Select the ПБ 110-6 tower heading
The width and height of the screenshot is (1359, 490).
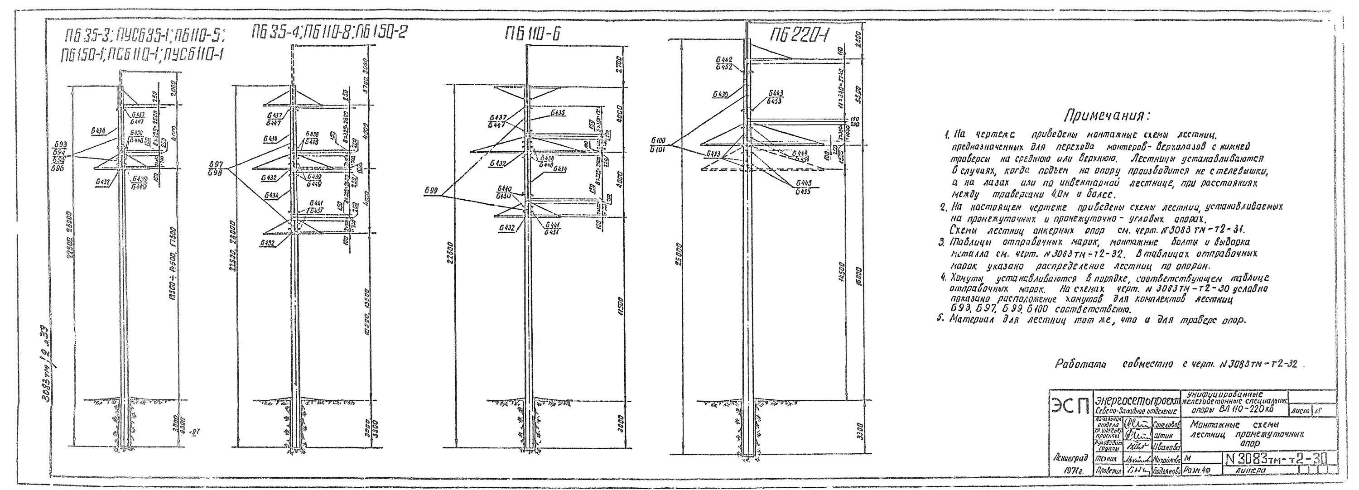tap(533, 35)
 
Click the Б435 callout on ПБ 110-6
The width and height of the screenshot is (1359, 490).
tap(559, 112)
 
